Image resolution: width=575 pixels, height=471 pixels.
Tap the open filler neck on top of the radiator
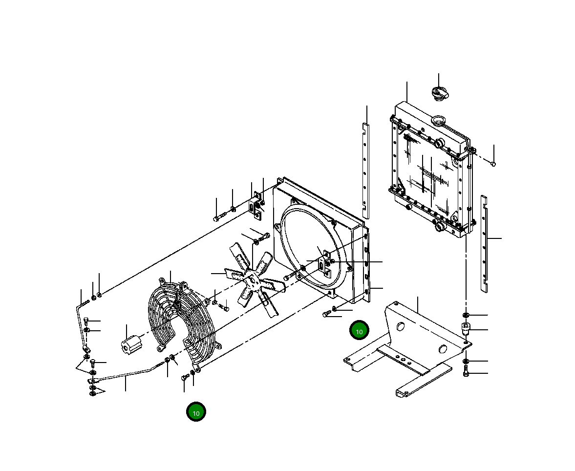coord(438,120)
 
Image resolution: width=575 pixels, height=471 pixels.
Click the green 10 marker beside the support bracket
coord(359,331)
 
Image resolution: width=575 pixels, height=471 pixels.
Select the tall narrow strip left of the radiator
coord(365,171)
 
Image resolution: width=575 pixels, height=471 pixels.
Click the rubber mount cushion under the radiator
coord(466,330)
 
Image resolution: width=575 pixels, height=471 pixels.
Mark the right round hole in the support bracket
coord(443,348)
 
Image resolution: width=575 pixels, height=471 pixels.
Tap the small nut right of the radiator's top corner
coord(493,164)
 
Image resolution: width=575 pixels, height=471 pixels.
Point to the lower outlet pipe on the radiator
coord(440,226)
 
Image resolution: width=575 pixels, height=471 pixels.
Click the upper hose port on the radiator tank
coord(439,143)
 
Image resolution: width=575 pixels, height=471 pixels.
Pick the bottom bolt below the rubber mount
coord(466,374)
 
